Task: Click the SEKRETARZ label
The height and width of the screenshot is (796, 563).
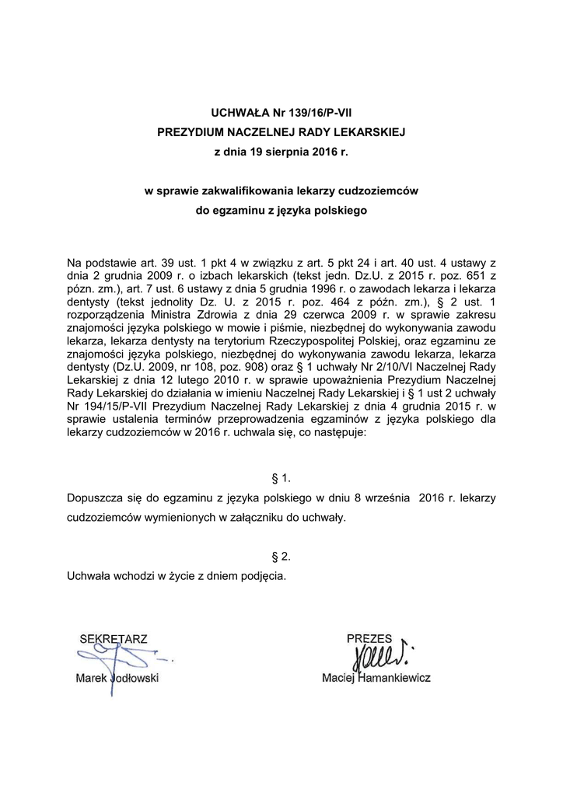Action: click(113, 639)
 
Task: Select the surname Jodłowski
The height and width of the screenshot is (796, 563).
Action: click(131, 678)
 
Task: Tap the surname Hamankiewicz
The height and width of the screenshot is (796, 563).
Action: click(396, 678)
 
